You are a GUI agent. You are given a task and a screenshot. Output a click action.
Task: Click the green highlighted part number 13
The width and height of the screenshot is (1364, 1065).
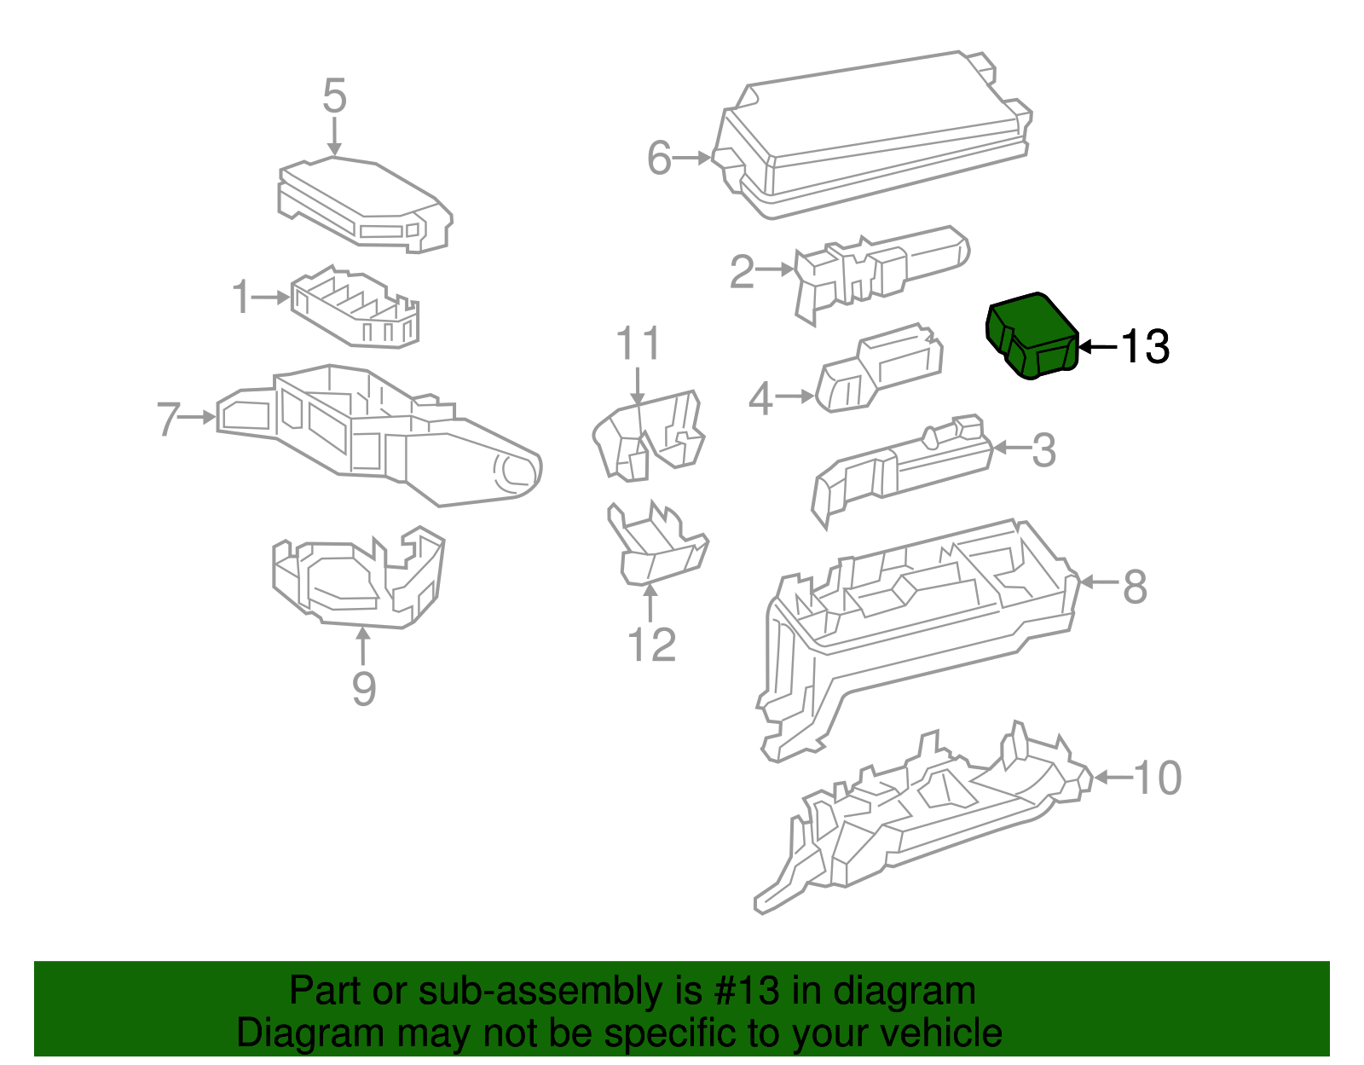pyautogui.click(x=1031, y=335)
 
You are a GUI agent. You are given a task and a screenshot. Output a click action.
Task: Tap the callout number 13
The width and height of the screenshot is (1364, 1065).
pyautogui.click(x=1144, y=347)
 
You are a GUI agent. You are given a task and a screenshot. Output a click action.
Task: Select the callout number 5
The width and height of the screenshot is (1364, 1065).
pyautogui.click(x=334, y=96)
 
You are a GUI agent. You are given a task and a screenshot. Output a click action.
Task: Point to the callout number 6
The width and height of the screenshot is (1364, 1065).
pyautogui.click(x=659, y=159)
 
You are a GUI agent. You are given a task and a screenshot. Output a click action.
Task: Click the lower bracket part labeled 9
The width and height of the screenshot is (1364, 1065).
pyautogui.click(x=358, y=580)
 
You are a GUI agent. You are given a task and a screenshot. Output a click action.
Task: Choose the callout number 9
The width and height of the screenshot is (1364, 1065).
pyautogui.click(x=364, y=688)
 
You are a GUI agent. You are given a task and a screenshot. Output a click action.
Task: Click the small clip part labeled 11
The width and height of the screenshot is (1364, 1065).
pyautogui.click(x=648, y=435)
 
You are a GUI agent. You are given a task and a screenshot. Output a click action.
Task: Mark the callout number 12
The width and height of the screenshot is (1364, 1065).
pyautogui.click(x=651, y=645)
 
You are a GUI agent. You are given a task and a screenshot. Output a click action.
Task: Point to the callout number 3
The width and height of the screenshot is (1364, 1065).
pyautogui.click(x=1043, y=450)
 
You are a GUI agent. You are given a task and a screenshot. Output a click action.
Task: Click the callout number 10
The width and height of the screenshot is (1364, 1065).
pyautogui.click(x=1157, y=778)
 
